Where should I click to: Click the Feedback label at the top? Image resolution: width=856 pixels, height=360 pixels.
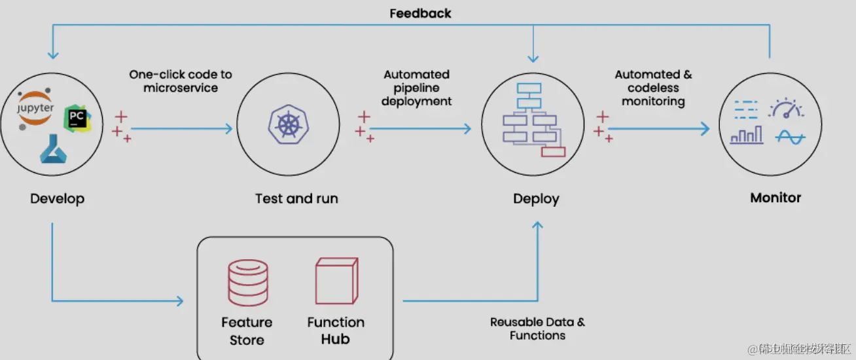tap(421, 13)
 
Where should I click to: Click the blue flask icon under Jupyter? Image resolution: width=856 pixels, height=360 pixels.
tap(50, 151)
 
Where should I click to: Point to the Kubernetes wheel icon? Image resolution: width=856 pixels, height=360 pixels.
tap(286, 126)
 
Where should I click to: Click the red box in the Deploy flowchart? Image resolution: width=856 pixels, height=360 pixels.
tap(553, 152)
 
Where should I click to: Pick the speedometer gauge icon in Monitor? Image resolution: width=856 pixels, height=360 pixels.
tap(785, 108)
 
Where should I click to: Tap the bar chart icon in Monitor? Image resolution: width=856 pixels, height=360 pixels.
tap(747, 135)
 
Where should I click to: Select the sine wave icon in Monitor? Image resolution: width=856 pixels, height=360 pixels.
tap(790, 137)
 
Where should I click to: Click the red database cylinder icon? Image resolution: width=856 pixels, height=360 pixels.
tap(248, 283)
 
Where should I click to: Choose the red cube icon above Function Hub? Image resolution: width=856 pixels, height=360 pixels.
tap(336, 281)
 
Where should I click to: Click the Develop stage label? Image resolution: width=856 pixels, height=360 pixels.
tap(58, 198)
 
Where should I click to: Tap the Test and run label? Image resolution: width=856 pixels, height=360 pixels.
tap(296, 198)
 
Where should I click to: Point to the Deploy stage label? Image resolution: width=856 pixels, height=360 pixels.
tap(536, 198)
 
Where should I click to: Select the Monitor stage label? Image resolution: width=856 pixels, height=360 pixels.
tap(776, 197)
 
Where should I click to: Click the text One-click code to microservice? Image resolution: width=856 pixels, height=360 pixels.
tap(181, 81)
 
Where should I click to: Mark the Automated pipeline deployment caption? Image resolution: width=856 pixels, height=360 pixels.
tap(417, 88)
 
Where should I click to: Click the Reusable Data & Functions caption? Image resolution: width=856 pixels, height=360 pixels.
tap(537, 329)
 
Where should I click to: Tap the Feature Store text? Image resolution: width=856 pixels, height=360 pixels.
tap(247, 331)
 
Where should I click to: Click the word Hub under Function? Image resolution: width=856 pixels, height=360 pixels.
tap(336, 339)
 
